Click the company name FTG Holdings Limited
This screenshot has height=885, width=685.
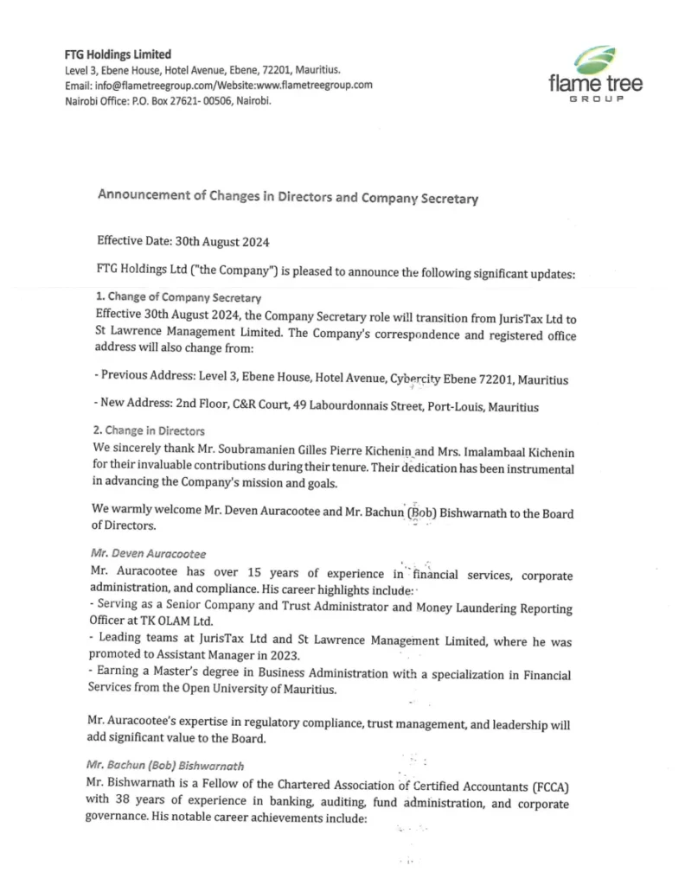coord(118,54)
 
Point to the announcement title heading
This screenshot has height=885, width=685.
coord(287,197)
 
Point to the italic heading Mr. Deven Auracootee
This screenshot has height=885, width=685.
coord(149,553)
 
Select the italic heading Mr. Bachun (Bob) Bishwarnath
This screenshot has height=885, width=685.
coord(165,765)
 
